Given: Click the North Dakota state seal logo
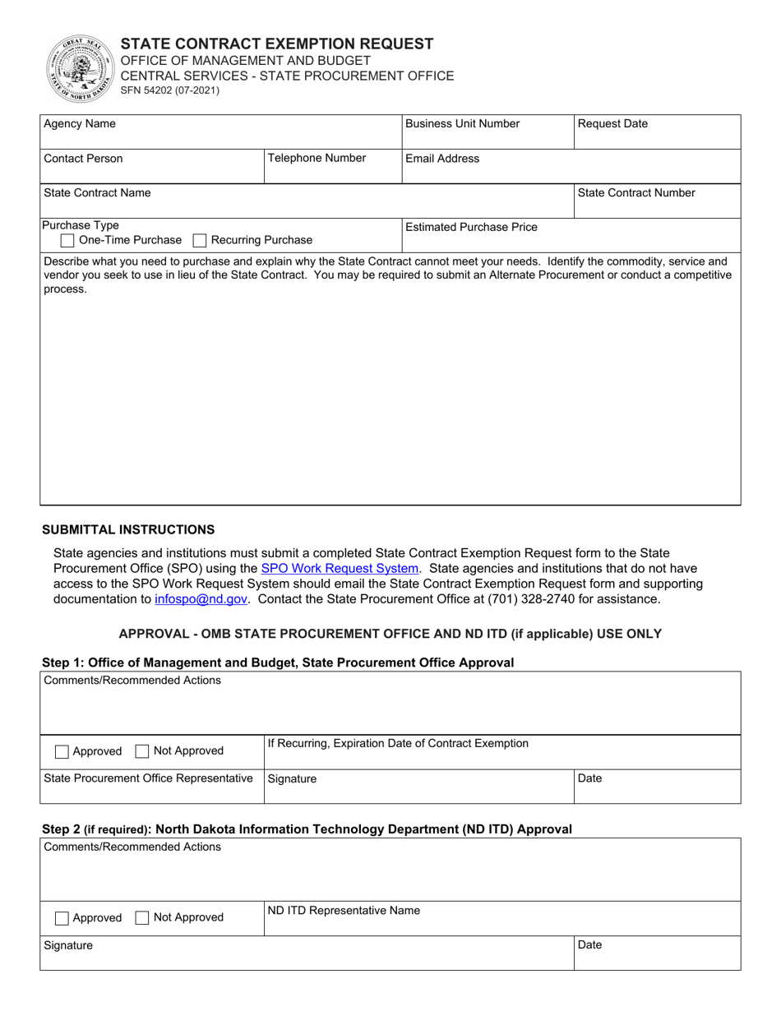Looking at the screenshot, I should (81, 69).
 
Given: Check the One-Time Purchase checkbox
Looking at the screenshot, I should (68, 241).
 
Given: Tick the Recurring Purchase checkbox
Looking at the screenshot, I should (199, 241).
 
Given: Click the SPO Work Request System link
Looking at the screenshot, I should (340, 568).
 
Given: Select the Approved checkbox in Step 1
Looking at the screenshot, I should (62, 751).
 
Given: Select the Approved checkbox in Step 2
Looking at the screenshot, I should (62, 918).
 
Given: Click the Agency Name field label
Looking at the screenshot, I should (80, 124).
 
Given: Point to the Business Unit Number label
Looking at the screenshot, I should (463, 124).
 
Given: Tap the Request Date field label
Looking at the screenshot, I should (612, 124).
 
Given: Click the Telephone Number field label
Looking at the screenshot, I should (317, 159).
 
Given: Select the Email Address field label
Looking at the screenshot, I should (442, 159).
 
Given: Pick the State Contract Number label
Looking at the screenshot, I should (636, 193).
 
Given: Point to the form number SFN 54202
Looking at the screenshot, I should (170, 91).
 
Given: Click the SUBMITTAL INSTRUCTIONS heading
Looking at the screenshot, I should (128, 529).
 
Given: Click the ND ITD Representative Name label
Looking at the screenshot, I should (344, 911).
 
